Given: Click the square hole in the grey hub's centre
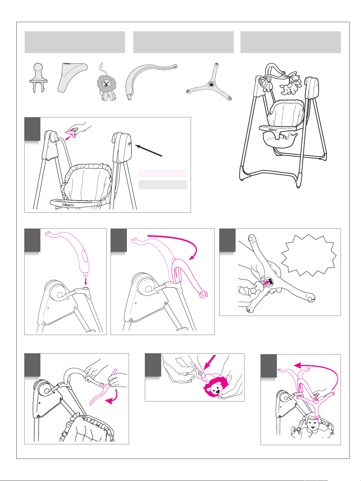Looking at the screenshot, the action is (x=211, y=84).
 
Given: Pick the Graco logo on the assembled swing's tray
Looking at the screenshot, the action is (x=272, y=130).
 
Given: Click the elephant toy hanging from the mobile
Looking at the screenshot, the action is (x=289, y=89).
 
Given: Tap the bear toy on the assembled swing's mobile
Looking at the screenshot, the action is (x=296, y=79).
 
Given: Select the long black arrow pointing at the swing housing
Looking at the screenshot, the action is (x=148, y=151).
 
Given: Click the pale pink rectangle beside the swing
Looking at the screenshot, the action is (x=163, y=173).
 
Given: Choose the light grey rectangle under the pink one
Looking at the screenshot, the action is (x=163, y=185).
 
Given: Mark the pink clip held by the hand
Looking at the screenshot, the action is (x=71, y=133).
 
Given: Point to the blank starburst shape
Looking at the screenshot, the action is (x=309, y=255).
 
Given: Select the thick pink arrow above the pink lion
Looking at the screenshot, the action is (x=210, y=363).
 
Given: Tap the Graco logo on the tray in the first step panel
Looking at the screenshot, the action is (x=68, y=205).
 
